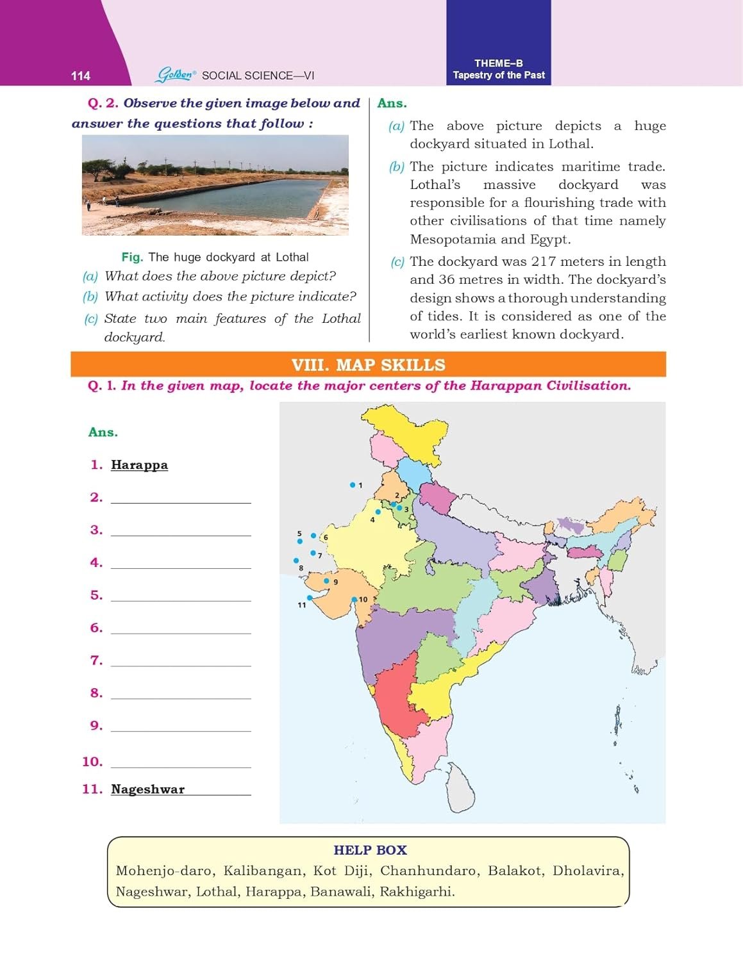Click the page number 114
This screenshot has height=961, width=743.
(x=80, y=76)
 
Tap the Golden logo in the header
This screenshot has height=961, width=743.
(x=175, y=75)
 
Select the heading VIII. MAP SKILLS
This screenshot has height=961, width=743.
(x=368, y=365)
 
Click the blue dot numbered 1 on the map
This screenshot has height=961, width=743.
(x=352, y=485)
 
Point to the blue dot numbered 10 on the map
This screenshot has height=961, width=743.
(x=354, y=600)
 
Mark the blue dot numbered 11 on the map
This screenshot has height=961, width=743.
(x=310, y=598)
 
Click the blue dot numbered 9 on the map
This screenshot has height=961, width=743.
(x=326, y=581)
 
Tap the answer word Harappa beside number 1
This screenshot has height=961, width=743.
(x=139, y=465)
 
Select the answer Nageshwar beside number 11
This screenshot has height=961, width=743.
(x=147, y=789)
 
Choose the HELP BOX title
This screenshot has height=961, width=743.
(x=370, y=850)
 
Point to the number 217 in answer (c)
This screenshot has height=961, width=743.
(x=544, y=262)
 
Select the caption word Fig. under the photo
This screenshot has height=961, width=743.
(x=131, y=258)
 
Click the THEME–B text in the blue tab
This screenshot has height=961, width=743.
(x=498, y=63)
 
